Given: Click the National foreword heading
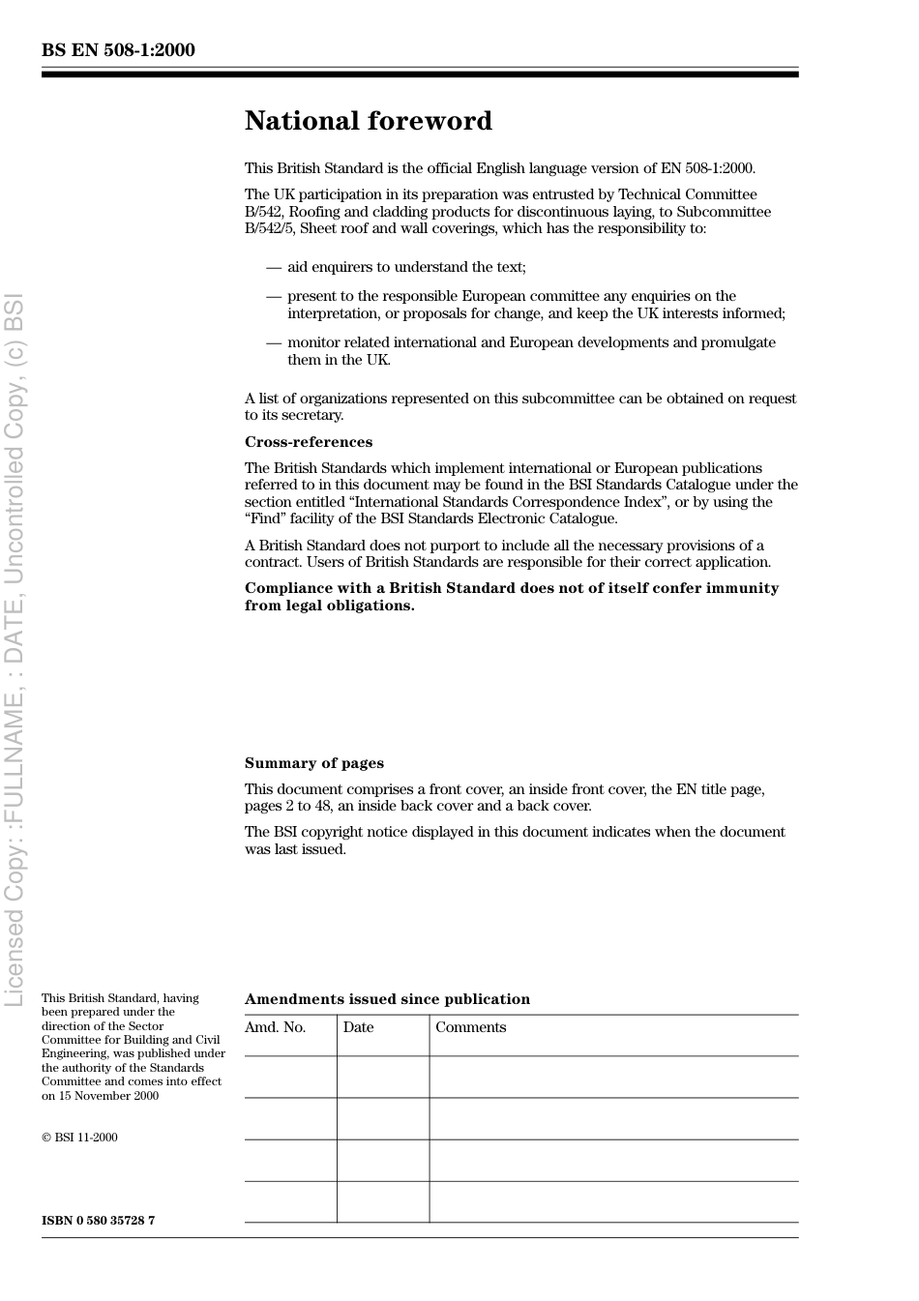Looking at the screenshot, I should point(368,121).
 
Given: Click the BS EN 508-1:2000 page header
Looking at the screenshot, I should point(118,50).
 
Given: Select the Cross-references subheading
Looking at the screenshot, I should point(308,442).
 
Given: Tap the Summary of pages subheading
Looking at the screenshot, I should point(313,763).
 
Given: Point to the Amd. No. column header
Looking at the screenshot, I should point(275,1027).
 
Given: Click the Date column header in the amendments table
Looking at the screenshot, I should point(358,1027).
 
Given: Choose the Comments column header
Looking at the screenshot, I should point(470,1027).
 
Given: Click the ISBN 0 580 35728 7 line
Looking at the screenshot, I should point(98,1220).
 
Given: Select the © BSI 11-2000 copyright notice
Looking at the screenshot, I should point(79,1138).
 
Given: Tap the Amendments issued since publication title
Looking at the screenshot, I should point(387,999).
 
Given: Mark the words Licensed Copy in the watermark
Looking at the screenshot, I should point(15,929).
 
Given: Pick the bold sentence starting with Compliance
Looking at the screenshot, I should point(511,597).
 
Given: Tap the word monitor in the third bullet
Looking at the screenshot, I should point(313,342).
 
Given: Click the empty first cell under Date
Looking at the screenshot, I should point(383,1077).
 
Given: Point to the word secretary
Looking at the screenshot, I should point(314,415).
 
